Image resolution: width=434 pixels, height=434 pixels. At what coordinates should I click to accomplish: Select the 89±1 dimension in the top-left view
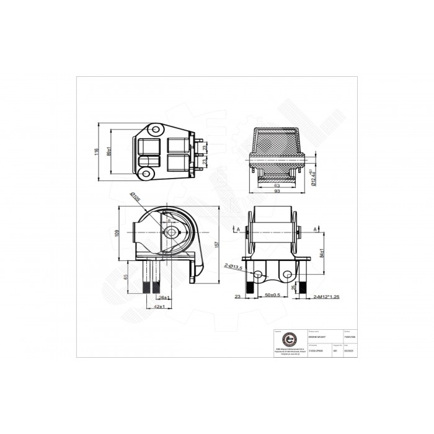click(x=109, y=152)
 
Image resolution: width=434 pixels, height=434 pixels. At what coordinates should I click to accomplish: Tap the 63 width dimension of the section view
click(x=277, y=185)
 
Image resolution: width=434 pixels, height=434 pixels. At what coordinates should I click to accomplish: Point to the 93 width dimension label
click(x=277, y=192)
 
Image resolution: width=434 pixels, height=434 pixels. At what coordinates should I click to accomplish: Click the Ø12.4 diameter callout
click(x=315, y=176)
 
